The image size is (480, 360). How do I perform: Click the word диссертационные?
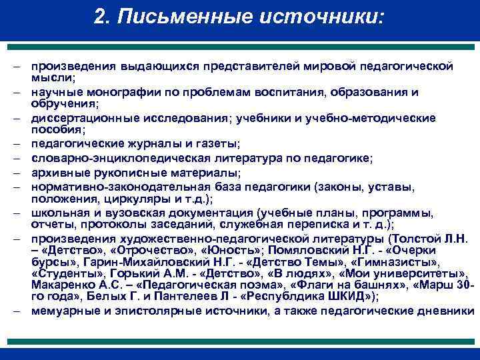pyautogui.click(x=74, y=118)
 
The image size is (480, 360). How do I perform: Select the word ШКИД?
pyautogui.click(x=338, y=297)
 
